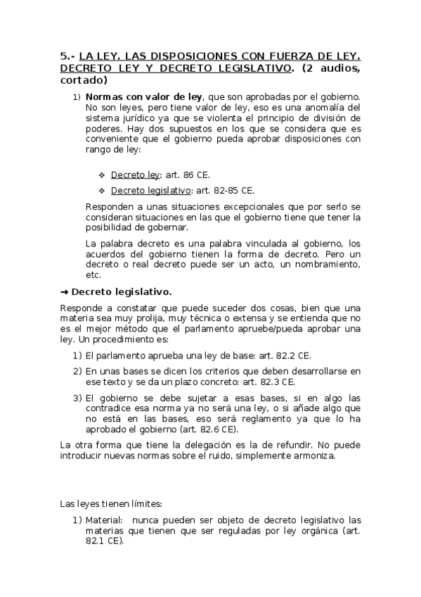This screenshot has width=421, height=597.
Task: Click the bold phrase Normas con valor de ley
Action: click(143, 96)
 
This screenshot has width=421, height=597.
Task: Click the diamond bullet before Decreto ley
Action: click(102, 175)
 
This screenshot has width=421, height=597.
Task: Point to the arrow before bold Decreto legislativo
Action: click(65, 291)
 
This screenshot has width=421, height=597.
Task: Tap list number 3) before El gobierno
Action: click(78, 398)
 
